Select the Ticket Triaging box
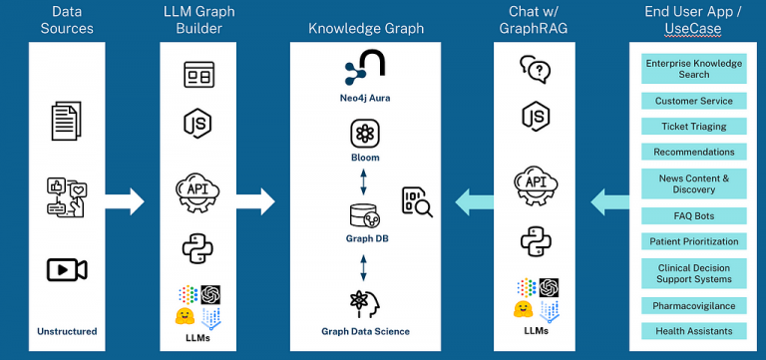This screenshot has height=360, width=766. tap(693, 127)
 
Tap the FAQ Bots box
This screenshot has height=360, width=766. tap(693, 215)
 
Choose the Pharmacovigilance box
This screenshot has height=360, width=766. tap(693, 305)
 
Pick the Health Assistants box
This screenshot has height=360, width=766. tap(693, 331)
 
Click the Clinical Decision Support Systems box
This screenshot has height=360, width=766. tap(693, 273)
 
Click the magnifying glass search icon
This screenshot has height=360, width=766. tap(417, 201)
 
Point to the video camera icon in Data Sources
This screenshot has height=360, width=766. tap(67, 269)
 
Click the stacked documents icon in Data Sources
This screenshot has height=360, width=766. tap(67, 122)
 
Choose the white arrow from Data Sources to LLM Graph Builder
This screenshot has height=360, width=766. tap(125, 201)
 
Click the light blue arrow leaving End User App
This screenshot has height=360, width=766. tap(608, 202)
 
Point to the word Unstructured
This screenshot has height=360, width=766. tap(67, 330)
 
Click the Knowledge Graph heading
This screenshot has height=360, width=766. tap(364, 29)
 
